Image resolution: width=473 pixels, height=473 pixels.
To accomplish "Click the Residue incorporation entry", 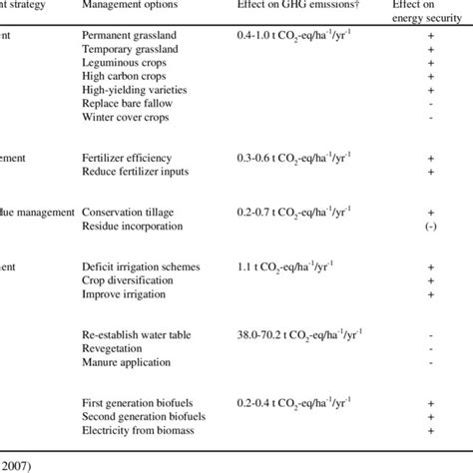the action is [132, 227].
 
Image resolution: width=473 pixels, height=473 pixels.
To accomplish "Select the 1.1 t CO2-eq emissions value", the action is [289, 267].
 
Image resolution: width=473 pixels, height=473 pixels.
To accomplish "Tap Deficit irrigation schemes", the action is [141, 267].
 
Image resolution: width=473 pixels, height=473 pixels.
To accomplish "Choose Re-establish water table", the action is [137, 335].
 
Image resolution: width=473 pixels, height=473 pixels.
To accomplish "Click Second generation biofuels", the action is [141, 416].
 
